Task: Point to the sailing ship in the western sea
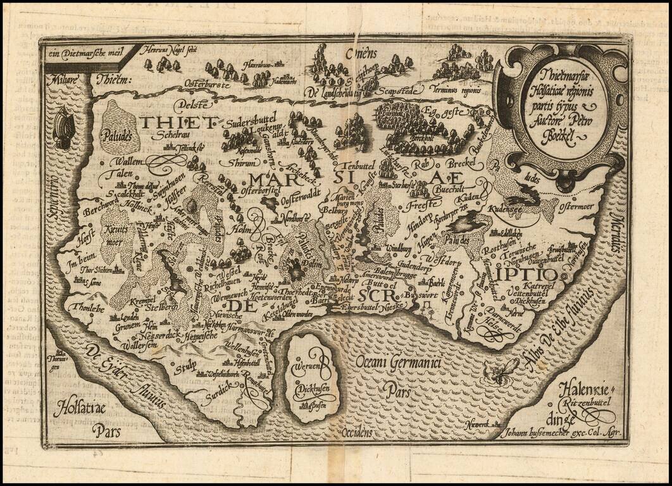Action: (63, 128)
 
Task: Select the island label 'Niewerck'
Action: (478, 422)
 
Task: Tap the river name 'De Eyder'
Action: (103, 364)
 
